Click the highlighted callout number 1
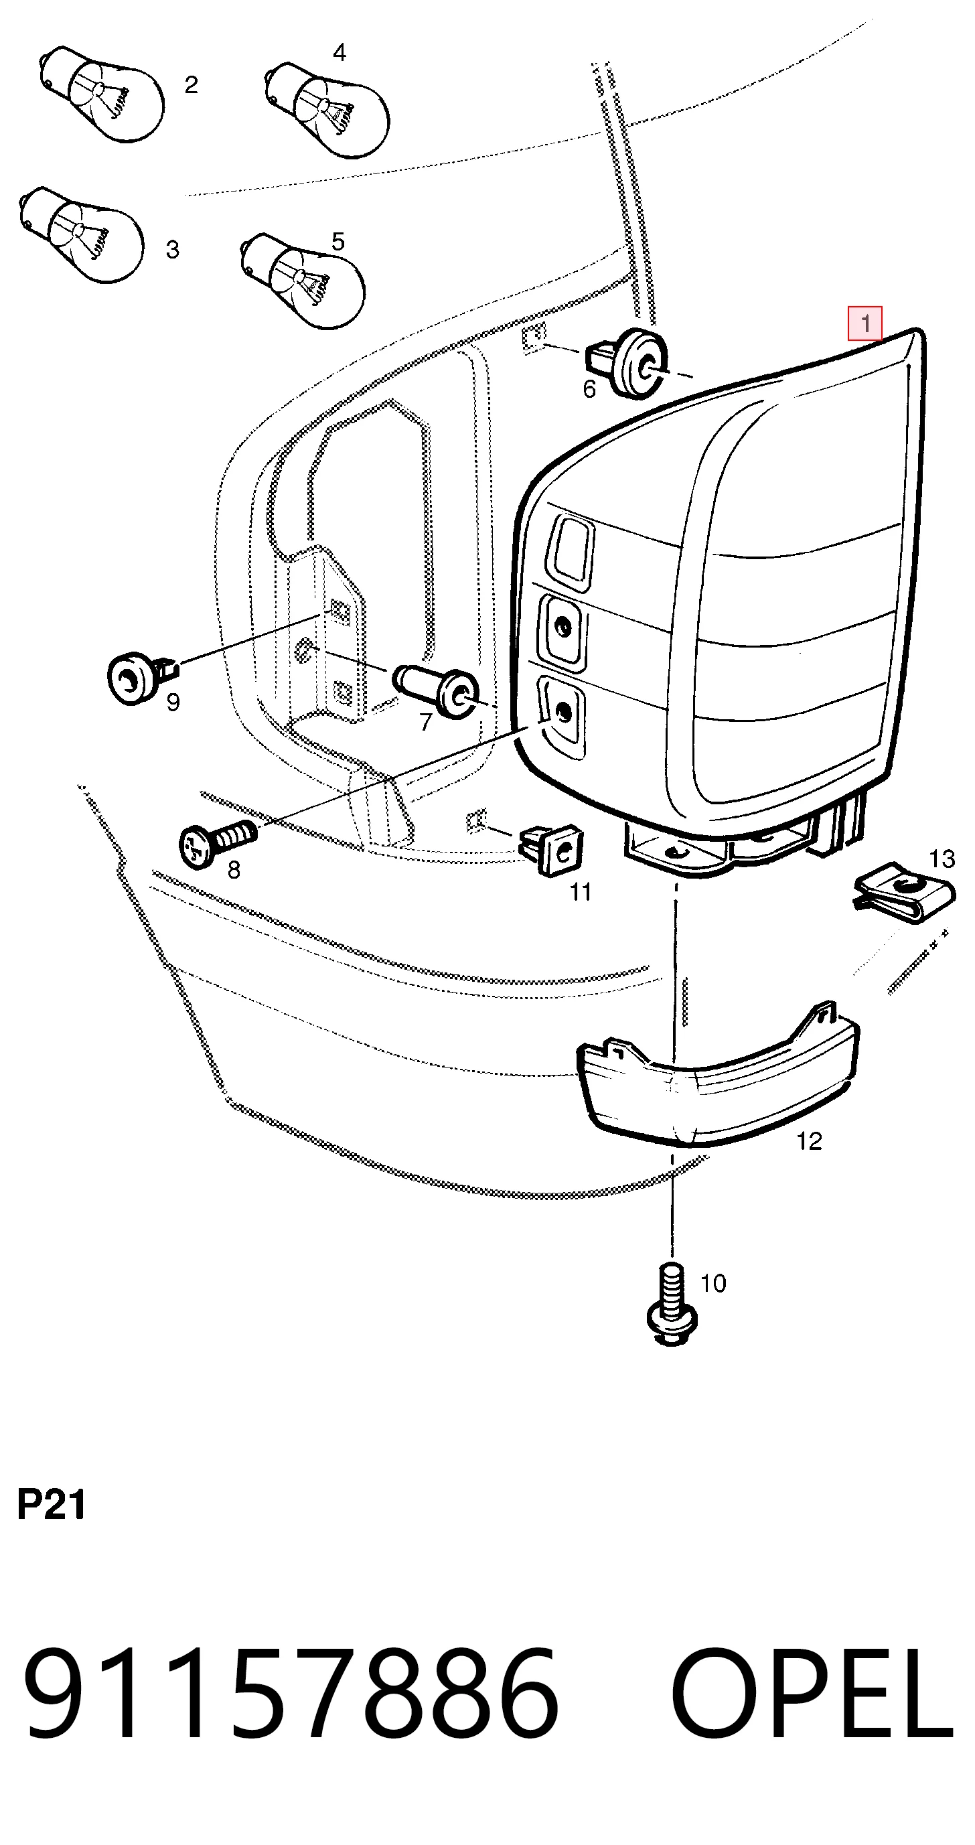tap(865, 323)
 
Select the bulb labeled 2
tap(101, 94)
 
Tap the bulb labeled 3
tap(81, 234)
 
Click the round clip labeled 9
tap(141, 677)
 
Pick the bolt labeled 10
tap(672, 1305)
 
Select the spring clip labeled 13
tap(904, 893)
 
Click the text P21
tap(51, 1504)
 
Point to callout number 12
tap(809, 1141)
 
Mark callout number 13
tap(942, 858)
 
